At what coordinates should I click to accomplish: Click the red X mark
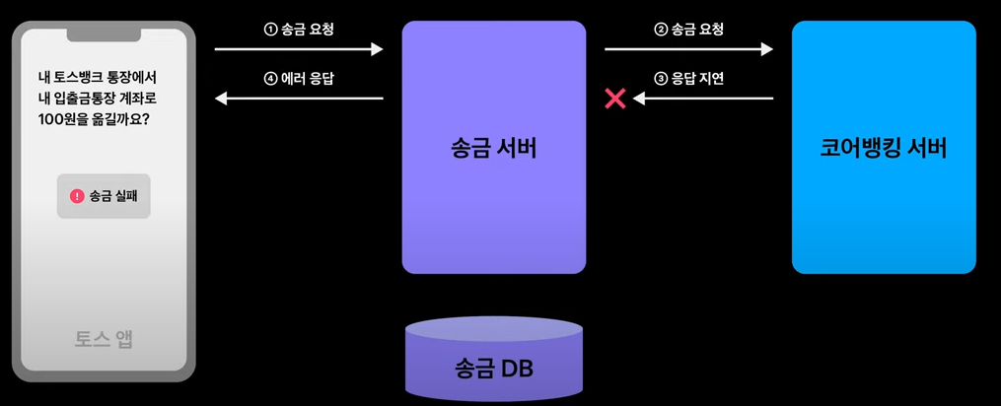coord(615,98)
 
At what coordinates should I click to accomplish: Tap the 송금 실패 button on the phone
coord(104,196)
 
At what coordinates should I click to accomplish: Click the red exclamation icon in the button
coord(77,196)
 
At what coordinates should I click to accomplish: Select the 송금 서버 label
coord(493,150)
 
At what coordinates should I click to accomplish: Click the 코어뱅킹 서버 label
coord(883,150)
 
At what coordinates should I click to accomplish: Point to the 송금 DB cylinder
coord(493,361)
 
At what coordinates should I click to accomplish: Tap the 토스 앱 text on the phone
coord(104,339)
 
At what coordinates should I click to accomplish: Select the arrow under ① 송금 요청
coord(299,48)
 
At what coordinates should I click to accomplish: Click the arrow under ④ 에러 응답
coord(299,98)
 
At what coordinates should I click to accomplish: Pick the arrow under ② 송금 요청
coord(688,48)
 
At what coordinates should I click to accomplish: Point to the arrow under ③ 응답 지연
coord(702,98)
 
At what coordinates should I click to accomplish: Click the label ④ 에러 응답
coord(299,78)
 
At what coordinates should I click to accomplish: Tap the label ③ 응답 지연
coord(688,78)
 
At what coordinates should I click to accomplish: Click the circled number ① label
coord(271,30)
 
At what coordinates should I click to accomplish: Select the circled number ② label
coord(661,30)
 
